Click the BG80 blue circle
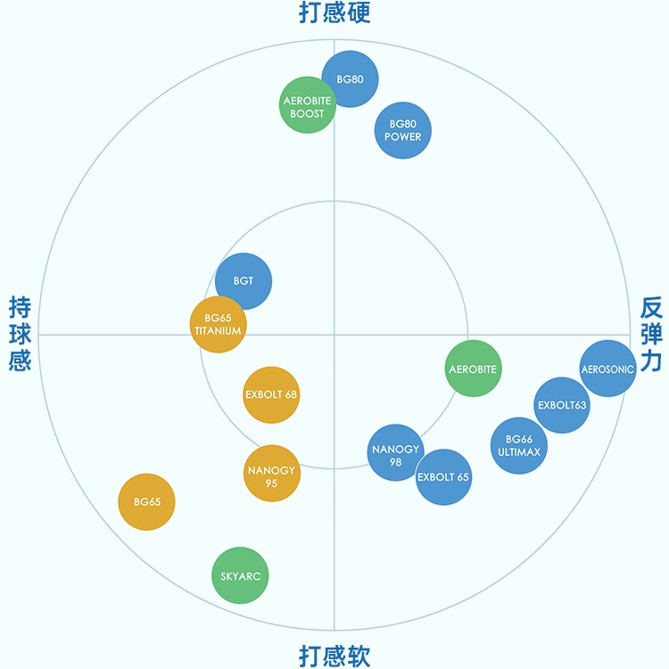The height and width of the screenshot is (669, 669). [350, 78]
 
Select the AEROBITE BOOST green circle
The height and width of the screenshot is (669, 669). [307, 106]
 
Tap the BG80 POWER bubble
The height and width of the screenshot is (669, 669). [402, 130]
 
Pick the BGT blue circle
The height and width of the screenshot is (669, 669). [244, 281]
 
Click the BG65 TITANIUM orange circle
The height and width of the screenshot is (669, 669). [218, 324]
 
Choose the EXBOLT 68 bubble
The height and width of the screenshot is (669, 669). [271, 394]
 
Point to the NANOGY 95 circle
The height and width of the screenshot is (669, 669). [271, 474]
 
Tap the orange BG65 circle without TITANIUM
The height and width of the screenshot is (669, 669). [147, 502]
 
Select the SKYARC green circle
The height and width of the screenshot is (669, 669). [240, 576]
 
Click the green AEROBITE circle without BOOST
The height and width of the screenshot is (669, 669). [473, 368]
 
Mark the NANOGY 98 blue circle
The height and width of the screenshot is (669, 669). [396, 454]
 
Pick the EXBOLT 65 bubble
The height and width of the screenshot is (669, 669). [443, 477]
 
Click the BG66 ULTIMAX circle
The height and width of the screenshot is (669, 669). [519, 445]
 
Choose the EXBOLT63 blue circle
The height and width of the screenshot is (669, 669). [562, 405]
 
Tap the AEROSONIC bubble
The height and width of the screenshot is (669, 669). [607, 368]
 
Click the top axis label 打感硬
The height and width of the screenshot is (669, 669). [334, 12]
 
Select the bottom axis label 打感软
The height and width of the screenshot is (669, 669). [334, 656]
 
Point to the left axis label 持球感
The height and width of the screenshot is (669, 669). [20, 334]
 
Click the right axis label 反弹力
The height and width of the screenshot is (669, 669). [651, 334]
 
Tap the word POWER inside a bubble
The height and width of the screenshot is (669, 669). [402, 137]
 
